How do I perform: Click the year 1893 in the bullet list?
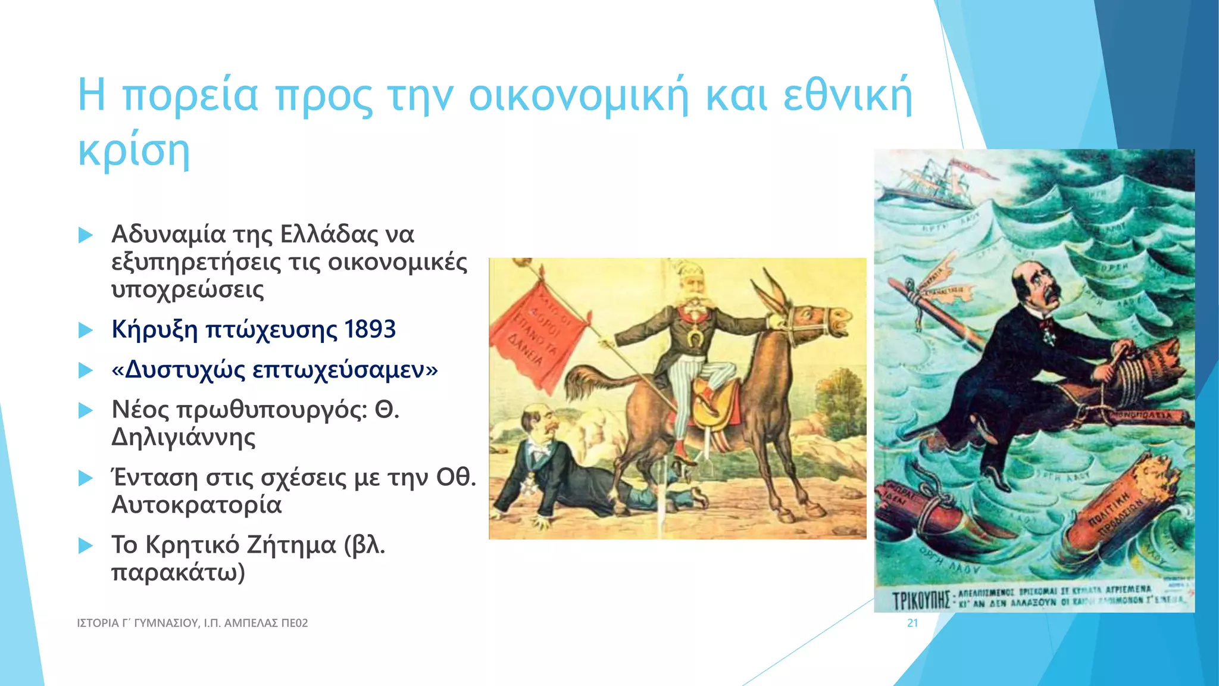(370, 329)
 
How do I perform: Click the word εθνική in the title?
(847, 95)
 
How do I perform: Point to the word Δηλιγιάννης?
(183, 437)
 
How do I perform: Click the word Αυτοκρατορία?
(196, 504)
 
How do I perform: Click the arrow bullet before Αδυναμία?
(86, 235)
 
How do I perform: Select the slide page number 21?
(912, 623)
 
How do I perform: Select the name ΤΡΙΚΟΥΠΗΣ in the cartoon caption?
(922, 600)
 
